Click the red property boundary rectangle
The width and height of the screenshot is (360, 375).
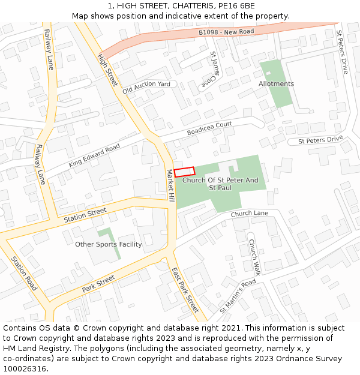point(185,172)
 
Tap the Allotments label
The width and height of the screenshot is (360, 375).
point(276,84)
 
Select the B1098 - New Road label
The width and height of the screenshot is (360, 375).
point(226,31)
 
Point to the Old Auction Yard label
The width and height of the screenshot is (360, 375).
point(146,88)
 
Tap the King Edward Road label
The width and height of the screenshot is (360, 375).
point(94,155)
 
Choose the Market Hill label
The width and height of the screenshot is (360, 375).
point(170,185)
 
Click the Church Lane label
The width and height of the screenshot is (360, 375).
point(249,214)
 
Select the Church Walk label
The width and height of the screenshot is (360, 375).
point(254,257)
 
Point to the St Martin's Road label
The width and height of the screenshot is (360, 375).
point(238,296)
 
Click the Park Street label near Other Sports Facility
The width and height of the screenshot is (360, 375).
point(98,283)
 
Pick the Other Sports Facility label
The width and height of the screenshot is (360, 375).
point(109,244)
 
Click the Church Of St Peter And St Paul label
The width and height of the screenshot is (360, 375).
point(220,184)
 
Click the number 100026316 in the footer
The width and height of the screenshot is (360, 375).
point(25,368)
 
